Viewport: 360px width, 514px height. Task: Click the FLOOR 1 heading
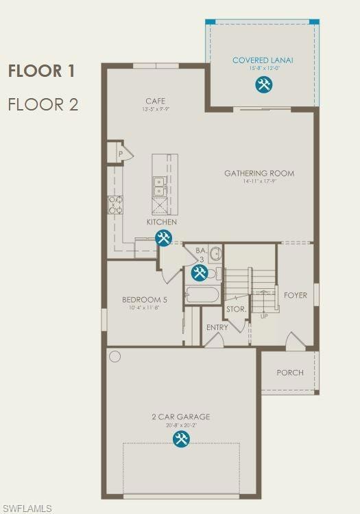[x=42, y=71]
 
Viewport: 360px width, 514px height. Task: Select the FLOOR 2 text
[x=43, y=105]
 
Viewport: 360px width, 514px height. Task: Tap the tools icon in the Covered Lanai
[x=263, y=85]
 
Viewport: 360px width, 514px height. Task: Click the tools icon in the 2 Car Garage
[x=181, y=439]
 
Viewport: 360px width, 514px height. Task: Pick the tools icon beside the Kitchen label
[x=163, y=238]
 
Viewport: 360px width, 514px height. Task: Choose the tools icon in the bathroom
[x=199, y=273]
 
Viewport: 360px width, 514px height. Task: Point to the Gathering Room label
[x=259, y=174]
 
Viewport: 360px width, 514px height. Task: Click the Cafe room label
[x=155, y=101]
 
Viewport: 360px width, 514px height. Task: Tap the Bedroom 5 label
[x=144, y=300]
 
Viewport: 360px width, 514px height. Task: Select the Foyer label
[x=296, y=296]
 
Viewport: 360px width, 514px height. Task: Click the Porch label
[x=290, y=373]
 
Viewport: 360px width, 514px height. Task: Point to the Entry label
[x=217, y=327]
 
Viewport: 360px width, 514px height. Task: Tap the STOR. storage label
[x=236, y=309]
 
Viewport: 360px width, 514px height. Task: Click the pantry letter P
[x=120, y=154]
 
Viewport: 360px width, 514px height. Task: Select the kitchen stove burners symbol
[x=115, y=204]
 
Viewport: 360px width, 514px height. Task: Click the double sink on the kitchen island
[x=159, y=186]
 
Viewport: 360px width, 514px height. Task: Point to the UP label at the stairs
[x=264, y=316]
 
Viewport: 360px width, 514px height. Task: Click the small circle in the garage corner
[x=115, y=357]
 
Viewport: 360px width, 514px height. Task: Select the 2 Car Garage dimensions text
[x=181, y=425]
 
